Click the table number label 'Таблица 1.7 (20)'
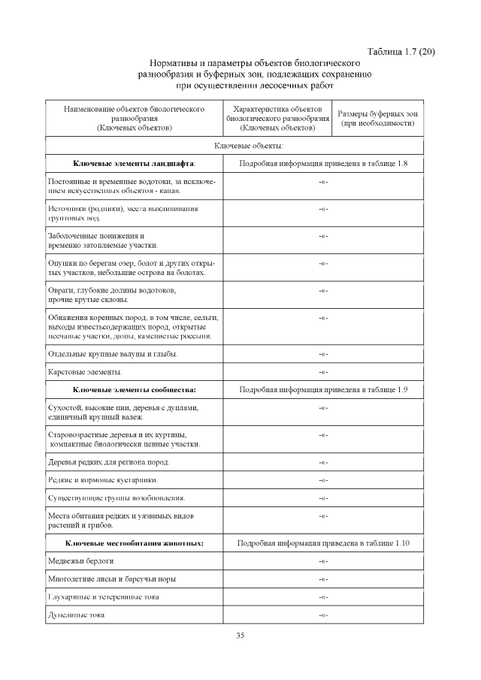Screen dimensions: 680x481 pos(401,51)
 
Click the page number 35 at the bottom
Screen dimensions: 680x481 pos(240,635)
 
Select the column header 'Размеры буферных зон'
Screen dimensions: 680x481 pos(378,113)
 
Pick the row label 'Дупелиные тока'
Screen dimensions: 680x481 pos(76,615)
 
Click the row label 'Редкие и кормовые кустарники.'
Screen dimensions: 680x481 pos(102,479)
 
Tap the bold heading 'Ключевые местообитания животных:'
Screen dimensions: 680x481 pos(135,542)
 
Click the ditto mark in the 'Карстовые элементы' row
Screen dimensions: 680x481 pos(322,372)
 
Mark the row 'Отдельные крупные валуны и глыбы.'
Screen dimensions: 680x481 pos(112,353)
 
